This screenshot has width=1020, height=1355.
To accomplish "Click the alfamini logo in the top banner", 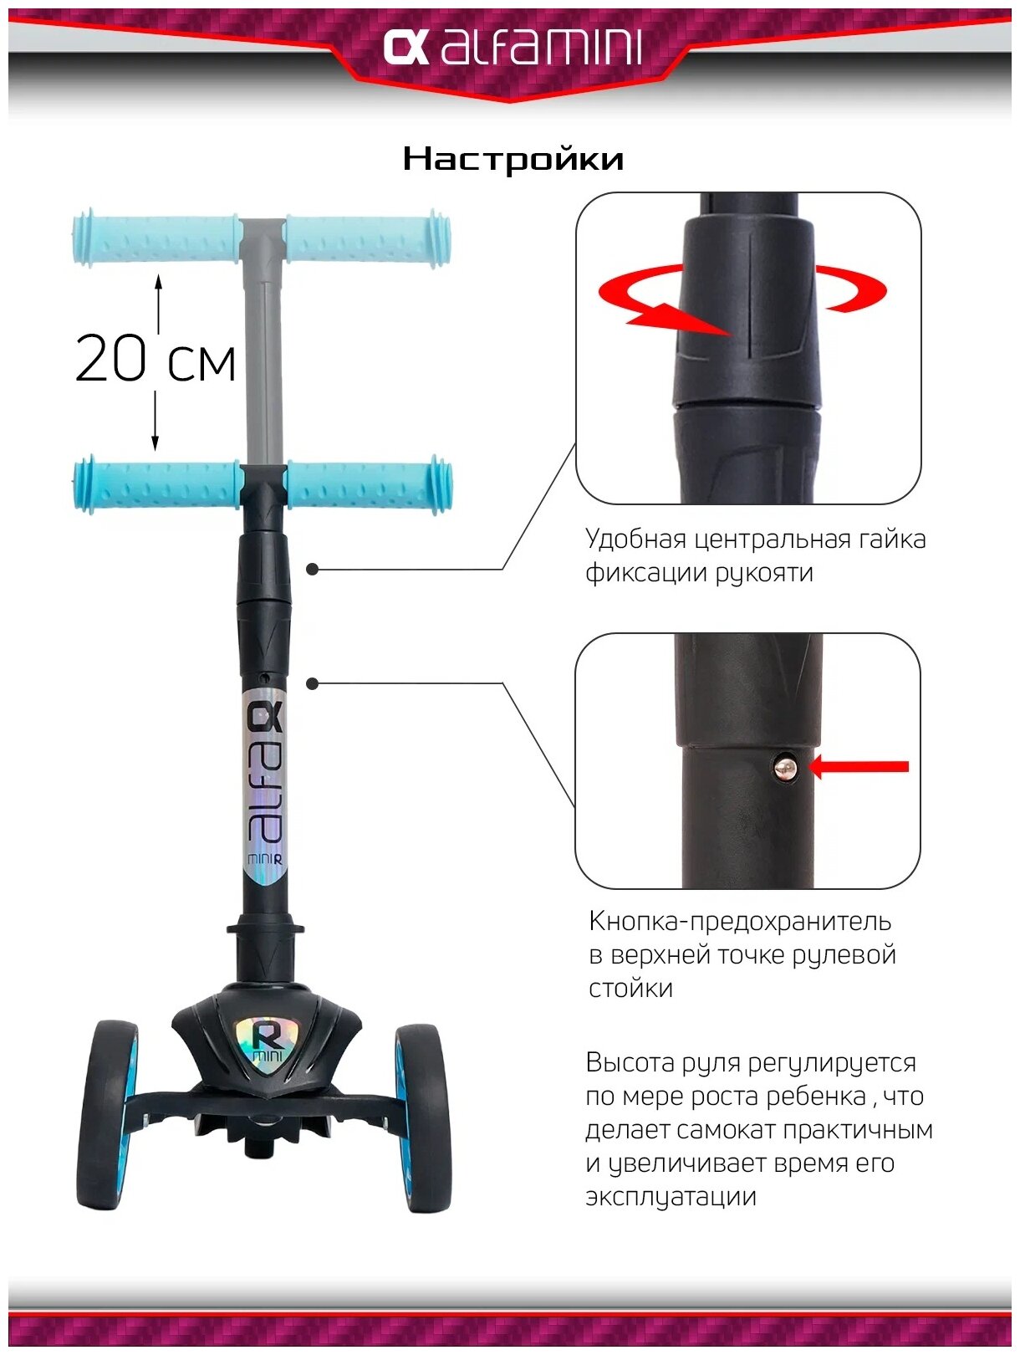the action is (x=512, y=48).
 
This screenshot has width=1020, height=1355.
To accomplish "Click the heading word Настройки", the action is (x=513, y=159).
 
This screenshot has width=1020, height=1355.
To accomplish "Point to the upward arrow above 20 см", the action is (x=158, y=301).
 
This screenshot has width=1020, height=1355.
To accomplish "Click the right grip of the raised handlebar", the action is (x=368, y=238).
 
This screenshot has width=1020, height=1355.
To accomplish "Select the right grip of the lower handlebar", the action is (x=369, y=485).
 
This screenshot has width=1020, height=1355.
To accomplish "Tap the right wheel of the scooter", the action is (x=422, y=1117).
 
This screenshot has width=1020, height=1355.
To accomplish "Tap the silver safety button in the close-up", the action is (x=785, y=768).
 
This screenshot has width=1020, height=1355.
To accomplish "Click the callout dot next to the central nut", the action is (x=313, y=569).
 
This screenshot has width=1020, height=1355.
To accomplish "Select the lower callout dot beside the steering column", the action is (x=313, y=684).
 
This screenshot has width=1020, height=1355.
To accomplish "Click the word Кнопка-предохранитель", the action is (x=740, y=922).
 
